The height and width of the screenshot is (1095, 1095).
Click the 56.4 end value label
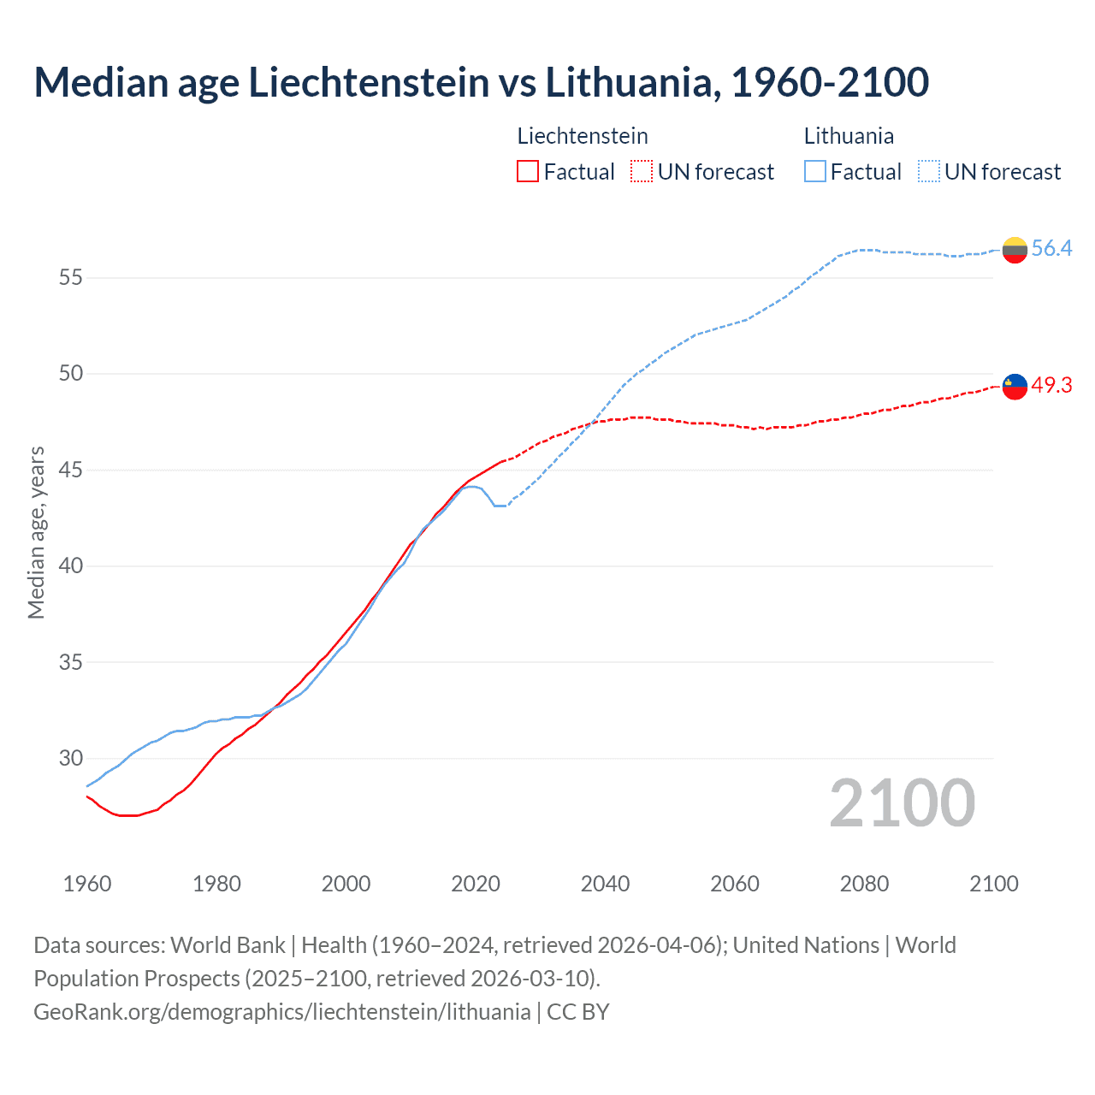click(x=1051, y=249)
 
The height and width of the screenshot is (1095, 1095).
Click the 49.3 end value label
click(x=1051, y=386)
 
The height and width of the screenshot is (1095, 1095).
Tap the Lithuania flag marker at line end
click(x=1015, y=250)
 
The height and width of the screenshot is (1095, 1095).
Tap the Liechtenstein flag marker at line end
click(x=1015, y=387)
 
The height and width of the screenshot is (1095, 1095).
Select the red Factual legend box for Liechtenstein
click(x=528, y=172)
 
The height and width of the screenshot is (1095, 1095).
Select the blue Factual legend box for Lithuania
click(x=815, y=172)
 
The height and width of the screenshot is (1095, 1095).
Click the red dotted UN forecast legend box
click(x=642, y=172)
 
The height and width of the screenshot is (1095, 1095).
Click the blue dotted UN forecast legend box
click(x=929, y=172)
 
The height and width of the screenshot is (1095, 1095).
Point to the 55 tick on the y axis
click(x=70, y=278)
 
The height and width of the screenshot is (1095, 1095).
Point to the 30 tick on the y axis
click(x=70, y=759)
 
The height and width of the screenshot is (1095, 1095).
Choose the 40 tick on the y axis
click(x=70, y=566)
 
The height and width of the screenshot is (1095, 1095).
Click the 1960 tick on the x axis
click(x=87, y=884)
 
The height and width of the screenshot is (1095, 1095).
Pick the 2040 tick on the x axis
click(x=605, y=884)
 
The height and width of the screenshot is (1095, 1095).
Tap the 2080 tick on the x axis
click(x=864, y=884)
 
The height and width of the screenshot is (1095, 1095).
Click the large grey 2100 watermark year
click(x=902, y=803)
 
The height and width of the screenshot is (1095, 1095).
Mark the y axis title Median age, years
click(x=36, y=532)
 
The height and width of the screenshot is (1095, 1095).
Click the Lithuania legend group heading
click(x=849, y=136)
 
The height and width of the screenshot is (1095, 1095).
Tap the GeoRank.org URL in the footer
click(x=282, y=1012)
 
